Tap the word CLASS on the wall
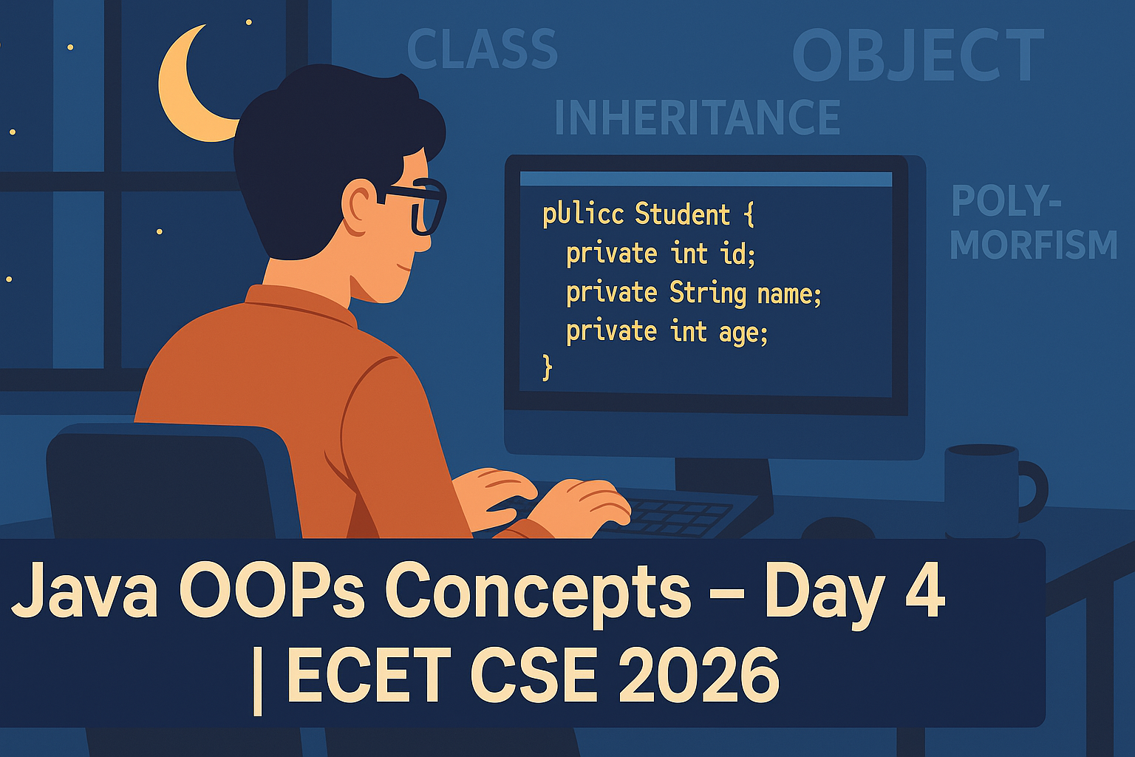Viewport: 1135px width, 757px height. (482, 50)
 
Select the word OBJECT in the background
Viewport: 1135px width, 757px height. (918, 55)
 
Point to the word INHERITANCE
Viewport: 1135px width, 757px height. (698, 117)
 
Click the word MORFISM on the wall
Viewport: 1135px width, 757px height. (1033, 245)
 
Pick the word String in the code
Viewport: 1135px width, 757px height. (708, 293)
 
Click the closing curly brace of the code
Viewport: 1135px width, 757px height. (548, 367)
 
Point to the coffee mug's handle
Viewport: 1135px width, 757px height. (1035, 492)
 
